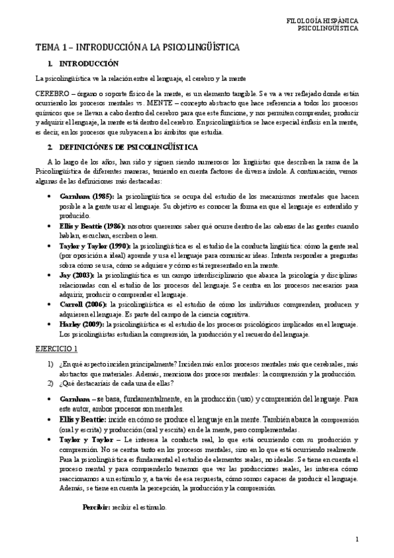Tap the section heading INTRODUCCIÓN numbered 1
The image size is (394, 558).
tap(87, 64)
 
